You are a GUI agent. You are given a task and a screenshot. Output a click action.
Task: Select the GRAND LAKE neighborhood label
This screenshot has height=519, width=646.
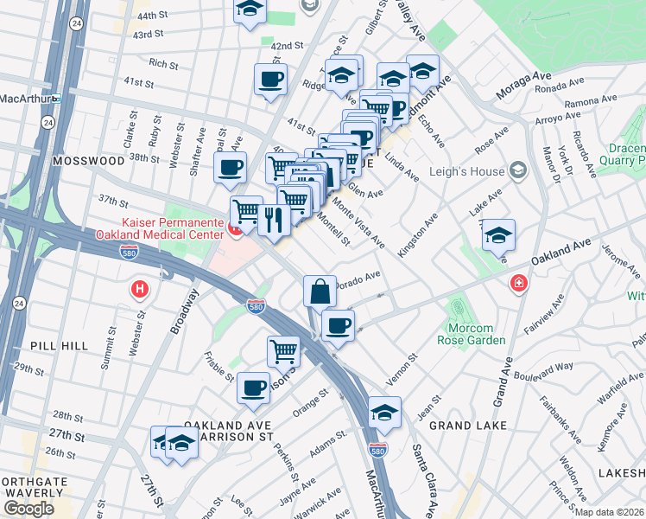[x=462, y=426]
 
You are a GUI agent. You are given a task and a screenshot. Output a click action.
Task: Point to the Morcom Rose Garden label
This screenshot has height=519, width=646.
[x=476, y=333]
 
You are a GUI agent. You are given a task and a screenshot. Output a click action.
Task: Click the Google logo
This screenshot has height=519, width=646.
[x=28, y=508]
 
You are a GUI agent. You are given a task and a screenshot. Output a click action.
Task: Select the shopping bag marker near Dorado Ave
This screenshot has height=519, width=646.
[x=320, y=291]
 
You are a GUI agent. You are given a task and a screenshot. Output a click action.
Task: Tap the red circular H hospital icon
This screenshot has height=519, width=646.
[x=138, y=289]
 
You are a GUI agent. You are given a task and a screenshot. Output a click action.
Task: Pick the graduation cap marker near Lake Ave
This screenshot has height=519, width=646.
[x=498, y=235]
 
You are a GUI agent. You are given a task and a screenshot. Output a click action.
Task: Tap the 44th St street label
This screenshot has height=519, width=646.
[x=151, y=16]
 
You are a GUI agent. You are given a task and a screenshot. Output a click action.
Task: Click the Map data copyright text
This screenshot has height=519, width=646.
[x=610, y=511]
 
